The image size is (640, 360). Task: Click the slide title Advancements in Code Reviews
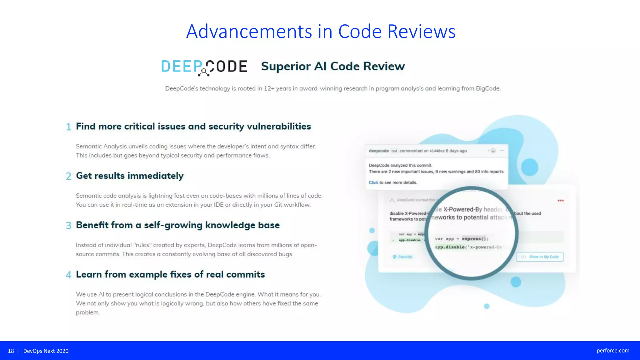pos(321,32)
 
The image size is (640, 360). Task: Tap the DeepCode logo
pos(204,67)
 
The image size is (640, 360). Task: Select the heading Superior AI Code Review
pos(333,66)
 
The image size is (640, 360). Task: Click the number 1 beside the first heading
pos(68,127)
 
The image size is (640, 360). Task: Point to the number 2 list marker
pos(68,176)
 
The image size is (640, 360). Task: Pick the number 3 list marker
pos(68,226)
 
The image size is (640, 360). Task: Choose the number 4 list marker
pos(68,275)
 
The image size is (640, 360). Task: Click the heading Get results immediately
pos(130,176)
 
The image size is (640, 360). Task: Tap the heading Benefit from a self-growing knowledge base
pos(177,225)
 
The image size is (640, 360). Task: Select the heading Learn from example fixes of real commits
pos(170,274)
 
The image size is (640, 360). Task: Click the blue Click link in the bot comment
pos(373,182)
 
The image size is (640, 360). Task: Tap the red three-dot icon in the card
pos(561,201)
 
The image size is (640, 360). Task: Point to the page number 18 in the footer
pos(11,351)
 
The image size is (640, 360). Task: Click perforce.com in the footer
pos(613,351)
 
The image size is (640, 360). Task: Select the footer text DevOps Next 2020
pos(46,351)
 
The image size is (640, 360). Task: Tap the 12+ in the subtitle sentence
pos(269,88)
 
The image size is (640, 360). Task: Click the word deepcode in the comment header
pos(378,151)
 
